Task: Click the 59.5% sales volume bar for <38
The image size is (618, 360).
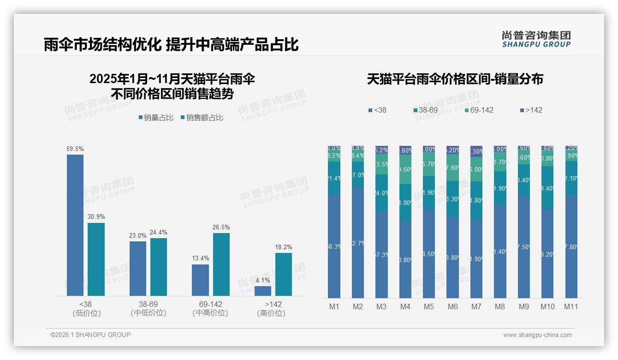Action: (x=75, y=225)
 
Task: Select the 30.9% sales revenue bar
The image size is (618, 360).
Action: (x=96, y=259)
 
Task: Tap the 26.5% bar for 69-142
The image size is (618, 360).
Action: (x=221, y=264)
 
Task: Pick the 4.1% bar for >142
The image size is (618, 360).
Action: (x=263, y=291)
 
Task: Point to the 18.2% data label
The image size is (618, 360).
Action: (x=283, y=247)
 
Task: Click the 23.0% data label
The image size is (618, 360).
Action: (x=137, y=235)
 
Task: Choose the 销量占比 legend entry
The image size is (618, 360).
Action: (x=156, y=118)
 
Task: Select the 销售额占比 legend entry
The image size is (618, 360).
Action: (x=202, y=118)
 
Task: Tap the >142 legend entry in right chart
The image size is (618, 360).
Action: (x=531, y=110)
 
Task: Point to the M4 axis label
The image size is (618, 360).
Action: (x=405, y=306)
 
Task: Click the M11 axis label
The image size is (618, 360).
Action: (x=571, y=306)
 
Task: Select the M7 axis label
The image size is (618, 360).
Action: (x=476, y=306)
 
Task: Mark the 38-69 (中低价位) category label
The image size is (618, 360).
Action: (x=148, y=308)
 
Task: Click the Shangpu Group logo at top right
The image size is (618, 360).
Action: (x=536, y=39)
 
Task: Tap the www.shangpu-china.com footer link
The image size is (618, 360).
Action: (x=537, y=335)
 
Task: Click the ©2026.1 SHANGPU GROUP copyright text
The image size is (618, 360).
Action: (x=90, y=335)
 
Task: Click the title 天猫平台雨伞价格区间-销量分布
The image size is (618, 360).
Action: (x=455, y=79)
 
